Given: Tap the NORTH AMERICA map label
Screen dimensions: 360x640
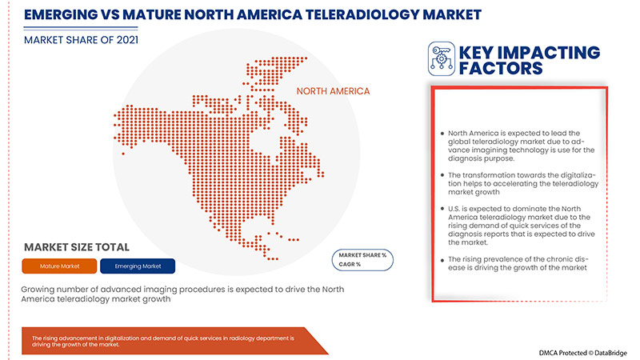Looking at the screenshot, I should click(333, 91).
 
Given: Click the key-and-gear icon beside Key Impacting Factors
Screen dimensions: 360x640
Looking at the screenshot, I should click(442, 58).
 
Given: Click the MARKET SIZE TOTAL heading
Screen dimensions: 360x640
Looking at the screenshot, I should click(76, 247).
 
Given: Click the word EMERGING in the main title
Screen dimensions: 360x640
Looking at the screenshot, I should click(60, 14).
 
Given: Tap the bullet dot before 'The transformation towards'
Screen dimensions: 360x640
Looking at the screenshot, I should click(442, 174).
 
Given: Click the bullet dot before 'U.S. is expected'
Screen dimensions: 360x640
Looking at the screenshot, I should click(442, 209).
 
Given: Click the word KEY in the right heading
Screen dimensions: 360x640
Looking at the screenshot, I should click(481, 52).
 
